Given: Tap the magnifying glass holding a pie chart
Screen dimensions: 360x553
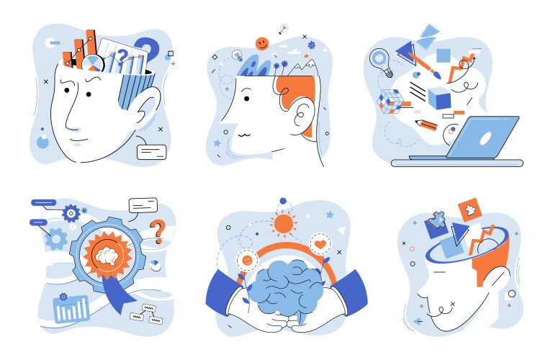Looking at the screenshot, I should pos(94,63).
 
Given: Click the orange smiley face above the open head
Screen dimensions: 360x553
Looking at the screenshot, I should pos(262,43).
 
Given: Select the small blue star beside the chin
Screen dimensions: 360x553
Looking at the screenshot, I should pos(217,143).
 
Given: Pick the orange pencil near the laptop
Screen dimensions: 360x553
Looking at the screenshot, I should pos(426,125).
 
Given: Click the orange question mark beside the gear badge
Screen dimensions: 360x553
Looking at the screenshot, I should pos(156,233).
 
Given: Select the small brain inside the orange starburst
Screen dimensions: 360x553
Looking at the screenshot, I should pos(106,254).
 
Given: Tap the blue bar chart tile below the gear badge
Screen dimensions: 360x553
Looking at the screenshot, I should pos(71,309).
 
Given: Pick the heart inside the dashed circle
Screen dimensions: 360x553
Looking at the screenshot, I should pos(320,244).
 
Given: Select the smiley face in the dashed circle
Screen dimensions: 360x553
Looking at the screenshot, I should pos(247,258).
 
